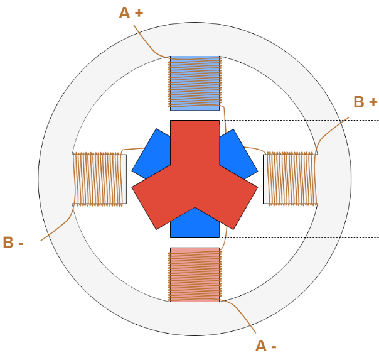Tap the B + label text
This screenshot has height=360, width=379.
click(x=365, y=102)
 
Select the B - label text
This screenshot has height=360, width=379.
click(x=14, y=243)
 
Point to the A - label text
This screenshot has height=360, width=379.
click(x=266, y=345)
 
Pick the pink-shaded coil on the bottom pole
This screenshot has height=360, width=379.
click(x=195, y=275)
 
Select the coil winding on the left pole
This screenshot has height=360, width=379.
click(x=98, y=179)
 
